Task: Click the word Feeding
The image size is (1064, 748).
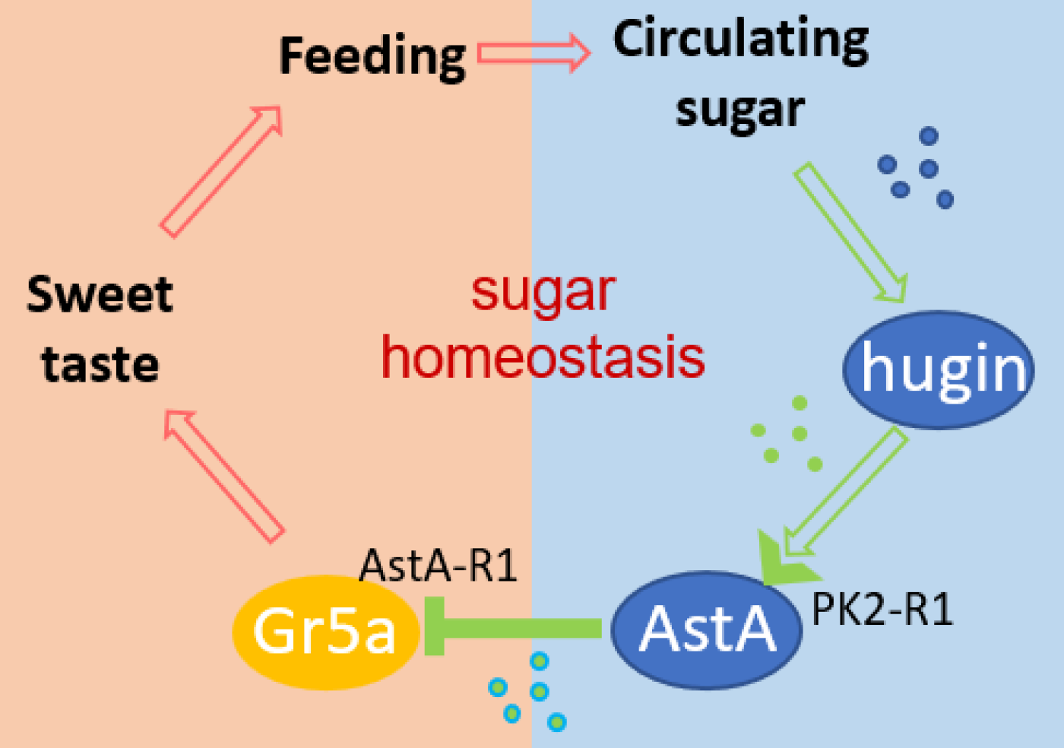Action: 372,56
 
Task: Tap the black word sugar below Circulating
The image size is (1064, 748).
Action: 739,110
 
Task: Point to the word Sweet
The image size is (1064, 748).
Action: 100,295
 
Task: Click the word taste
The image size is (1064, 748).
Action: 100,364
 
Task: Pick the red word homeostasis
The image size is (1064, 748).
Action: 543,357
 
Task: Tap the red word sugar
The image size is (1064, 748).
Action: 543,292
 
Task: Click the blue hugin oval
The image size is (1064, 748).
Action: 939,369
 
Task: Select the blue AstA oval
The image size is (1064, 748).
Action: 707,629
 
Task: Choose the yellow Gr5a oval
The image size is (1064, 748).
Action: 325,631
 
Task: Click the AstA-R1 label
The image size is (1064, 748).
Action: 439,566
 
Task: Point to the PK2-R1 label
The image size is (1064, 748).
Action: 882,610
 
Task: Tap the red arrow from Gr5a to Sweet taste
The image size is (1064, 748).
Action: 223,475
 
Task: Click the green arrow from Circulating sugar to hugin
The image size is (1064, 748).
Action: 851,233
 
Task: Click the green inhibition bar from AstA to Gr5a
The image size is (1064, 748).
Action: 517,627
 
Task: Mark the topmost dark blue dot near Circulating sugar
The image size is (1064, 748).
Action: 929,136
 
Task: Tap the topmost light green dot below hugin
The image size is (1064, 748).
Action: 800,403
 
